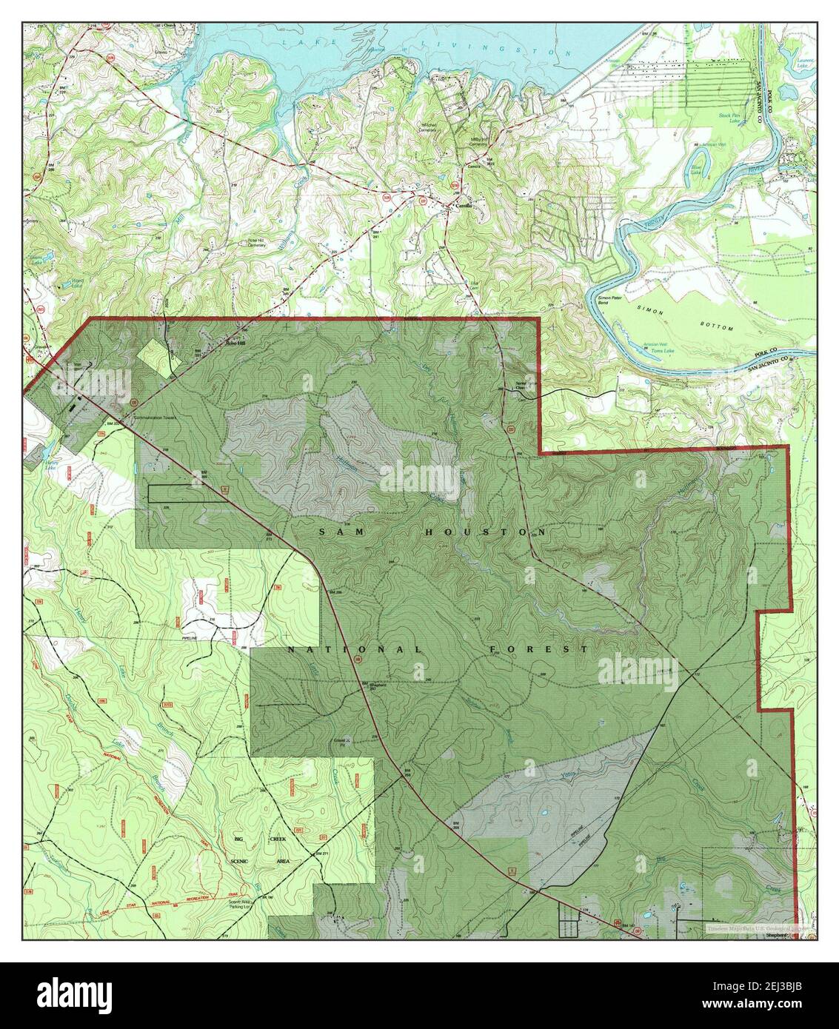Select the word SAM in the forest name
click(332, 532)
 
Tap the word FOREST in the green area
click(539, 649)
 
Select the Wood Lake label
click(76, 281)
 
